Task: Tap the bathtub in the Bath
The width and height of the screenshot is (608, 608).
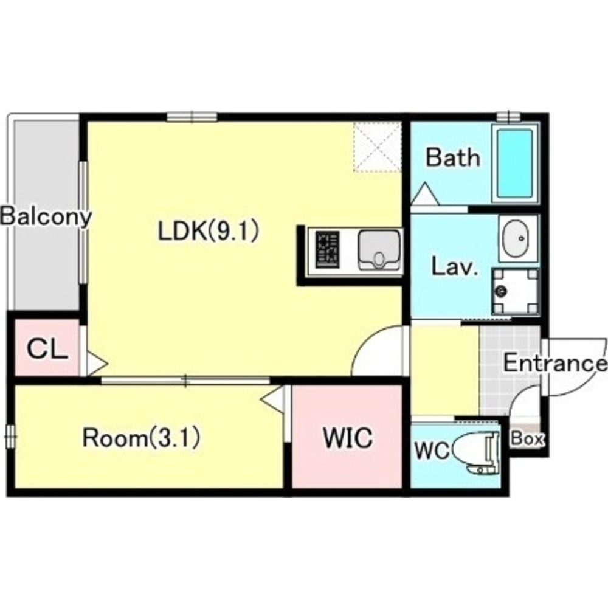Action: tap(516, 163)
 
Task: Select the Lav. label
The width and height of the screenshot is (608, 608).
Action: tap(454, 266)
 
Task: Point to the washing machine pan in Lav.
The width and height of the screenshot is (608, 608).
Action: tap(516, 291)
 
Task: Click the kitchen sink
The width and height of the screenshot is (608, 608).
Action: tap(379, 250)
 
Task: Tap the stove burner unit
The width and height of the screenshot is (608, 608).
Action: tap(328, 250)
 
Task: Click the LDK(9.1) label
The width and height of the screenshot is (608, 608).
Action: tap(208, 231)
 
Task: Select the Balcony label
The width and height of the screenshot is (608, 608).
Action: tap(46, 217)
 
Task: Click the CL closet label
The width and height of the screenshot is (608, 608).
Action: tap(47, 349)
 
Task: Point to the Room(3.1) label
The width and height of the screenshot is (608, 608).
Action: tap(142, 437)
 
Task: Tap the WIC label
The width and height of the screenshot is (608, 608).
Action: tap(348, 437)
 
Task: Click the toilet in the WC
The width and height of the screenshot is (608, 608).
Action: tap(476, 454)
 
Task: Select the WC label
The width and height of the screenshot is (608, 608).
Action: tap(432, 451)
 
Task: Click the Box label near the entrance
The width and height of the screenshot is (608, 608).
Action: tap(528, 438)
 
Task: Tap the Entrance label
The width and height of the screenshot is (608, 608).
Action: tap(555, 364)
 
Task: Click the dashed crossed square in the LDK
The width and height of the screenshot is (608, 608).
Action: tap(378, 147)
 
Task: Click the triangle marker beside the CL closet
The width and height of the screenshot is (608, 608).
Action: tap(97, 364)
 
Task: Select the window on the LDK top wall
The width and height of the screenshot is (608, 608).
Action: tap(192, 117)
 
